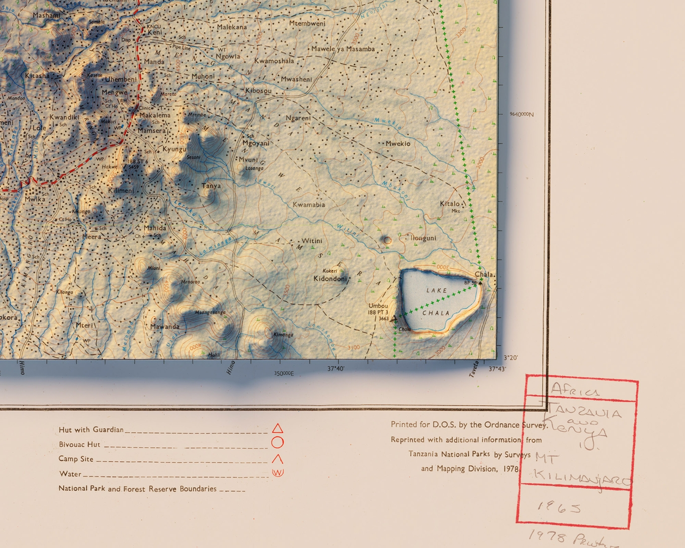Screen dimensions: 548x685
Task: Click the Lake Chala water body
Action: click(437, 301)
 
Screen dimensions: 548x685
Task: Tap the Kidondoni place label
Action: click(330, 279)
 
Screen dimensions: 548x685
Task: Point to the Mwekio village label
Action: click(398, 144)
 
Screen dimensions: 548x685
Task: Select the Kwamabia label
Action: click(308, 205)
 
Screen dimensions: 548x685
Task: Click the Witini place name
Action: click(311, 241)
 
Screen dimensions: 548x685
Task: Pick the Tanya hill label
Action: click(211, 186)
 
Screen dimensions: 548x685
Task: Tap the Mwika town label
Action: click(35, 199)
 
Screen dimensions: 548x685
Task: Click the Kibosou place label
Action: click(258, 91)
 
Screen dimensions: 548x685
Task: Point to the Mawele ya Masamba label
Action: click(343, 49)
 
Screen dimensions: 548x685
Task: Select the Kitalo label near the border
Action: click(449, 204)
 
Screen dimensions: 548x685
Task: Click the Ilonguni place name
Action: click(423, 238)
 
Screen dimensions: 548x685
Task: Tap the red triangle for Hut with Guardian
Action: click(277, 428)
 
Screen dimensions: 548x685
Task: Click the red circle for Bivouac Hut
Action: click(277, 442)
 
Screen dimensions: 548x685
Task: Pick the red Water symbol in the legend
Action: click(277, 472)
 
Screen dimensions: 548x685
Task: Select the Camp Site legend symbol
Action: click(277, 458)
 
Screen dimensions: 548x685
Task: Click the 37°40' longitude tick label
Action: click(336, 369)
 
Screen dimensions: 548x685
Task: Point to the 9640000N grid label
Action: click(522, 114)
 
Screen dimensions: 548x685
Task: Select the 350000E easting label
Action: click(284, 373)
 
